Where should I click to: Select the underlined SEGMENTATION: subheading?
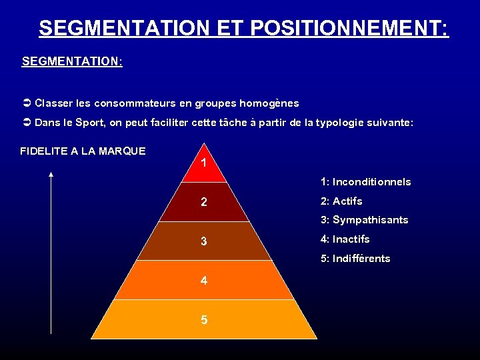point(72,61)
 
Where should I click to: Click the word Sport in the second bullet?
point(90,123)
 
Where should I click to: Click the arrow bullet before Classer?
point(27,103)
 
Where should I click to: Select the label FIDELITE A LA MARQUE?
point(83,151)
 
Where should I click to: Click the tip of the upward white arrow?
point(51,174)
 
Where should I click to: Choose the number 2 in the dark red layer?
point(204,202)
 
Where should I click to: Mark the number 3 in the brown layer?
point(204,241)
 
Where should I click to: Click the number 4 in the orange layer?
point(204,281)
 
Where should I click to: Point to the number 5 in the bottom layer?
point(204,320)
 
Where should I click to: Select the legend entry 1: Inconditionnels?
point(365,182)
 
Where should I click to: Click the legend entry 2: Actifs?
point(341,201)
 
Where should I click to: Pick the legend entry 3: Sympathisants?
point(364,220)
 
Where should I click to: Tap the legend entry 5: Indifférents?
point(355,259)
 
